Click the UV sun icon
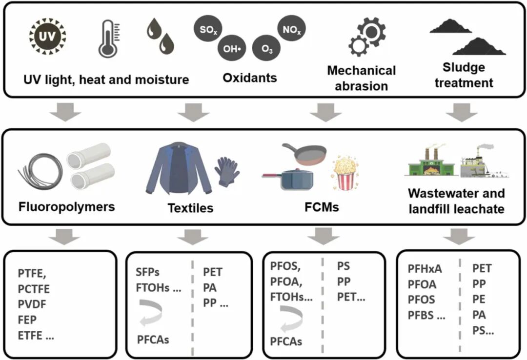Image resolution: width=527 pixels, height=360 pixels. [x=47, y=38]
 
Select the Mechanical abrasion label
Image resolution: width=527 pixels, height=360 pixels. [x=362, y=78]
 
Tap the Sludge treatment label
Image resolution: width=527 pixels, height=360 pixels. [x=464, y=75]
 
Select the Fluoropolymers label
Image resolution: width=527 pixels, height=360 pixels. [x=67, y=207]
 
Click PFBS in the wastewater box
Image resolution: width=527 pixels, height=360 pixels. [x=426, y=315]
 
